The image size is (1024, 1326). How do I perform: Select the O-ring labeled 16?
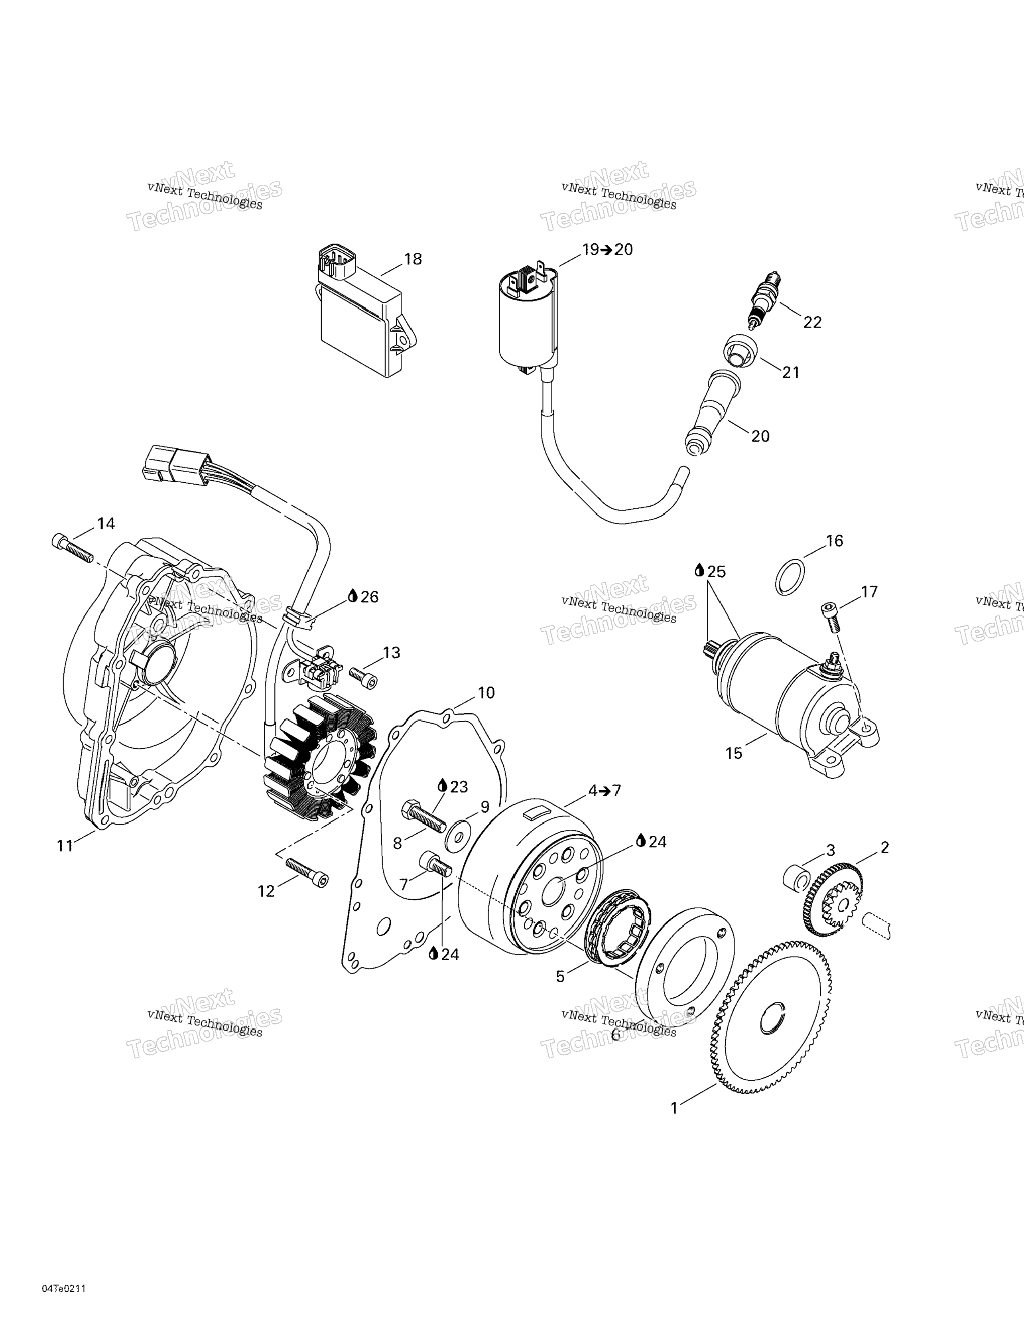[791, 577]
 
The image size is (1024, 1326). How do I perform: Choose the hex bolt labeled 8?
[422, 817]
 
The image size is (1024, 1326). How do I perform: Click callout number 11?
[65, 846]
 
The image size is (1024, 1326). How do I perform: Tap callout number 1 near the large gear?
[674, 1108]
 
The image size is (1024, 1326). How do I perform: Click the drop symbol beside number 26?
[352, 596]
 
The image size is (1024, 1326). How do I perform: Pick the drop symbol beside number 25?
[700, 571]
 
